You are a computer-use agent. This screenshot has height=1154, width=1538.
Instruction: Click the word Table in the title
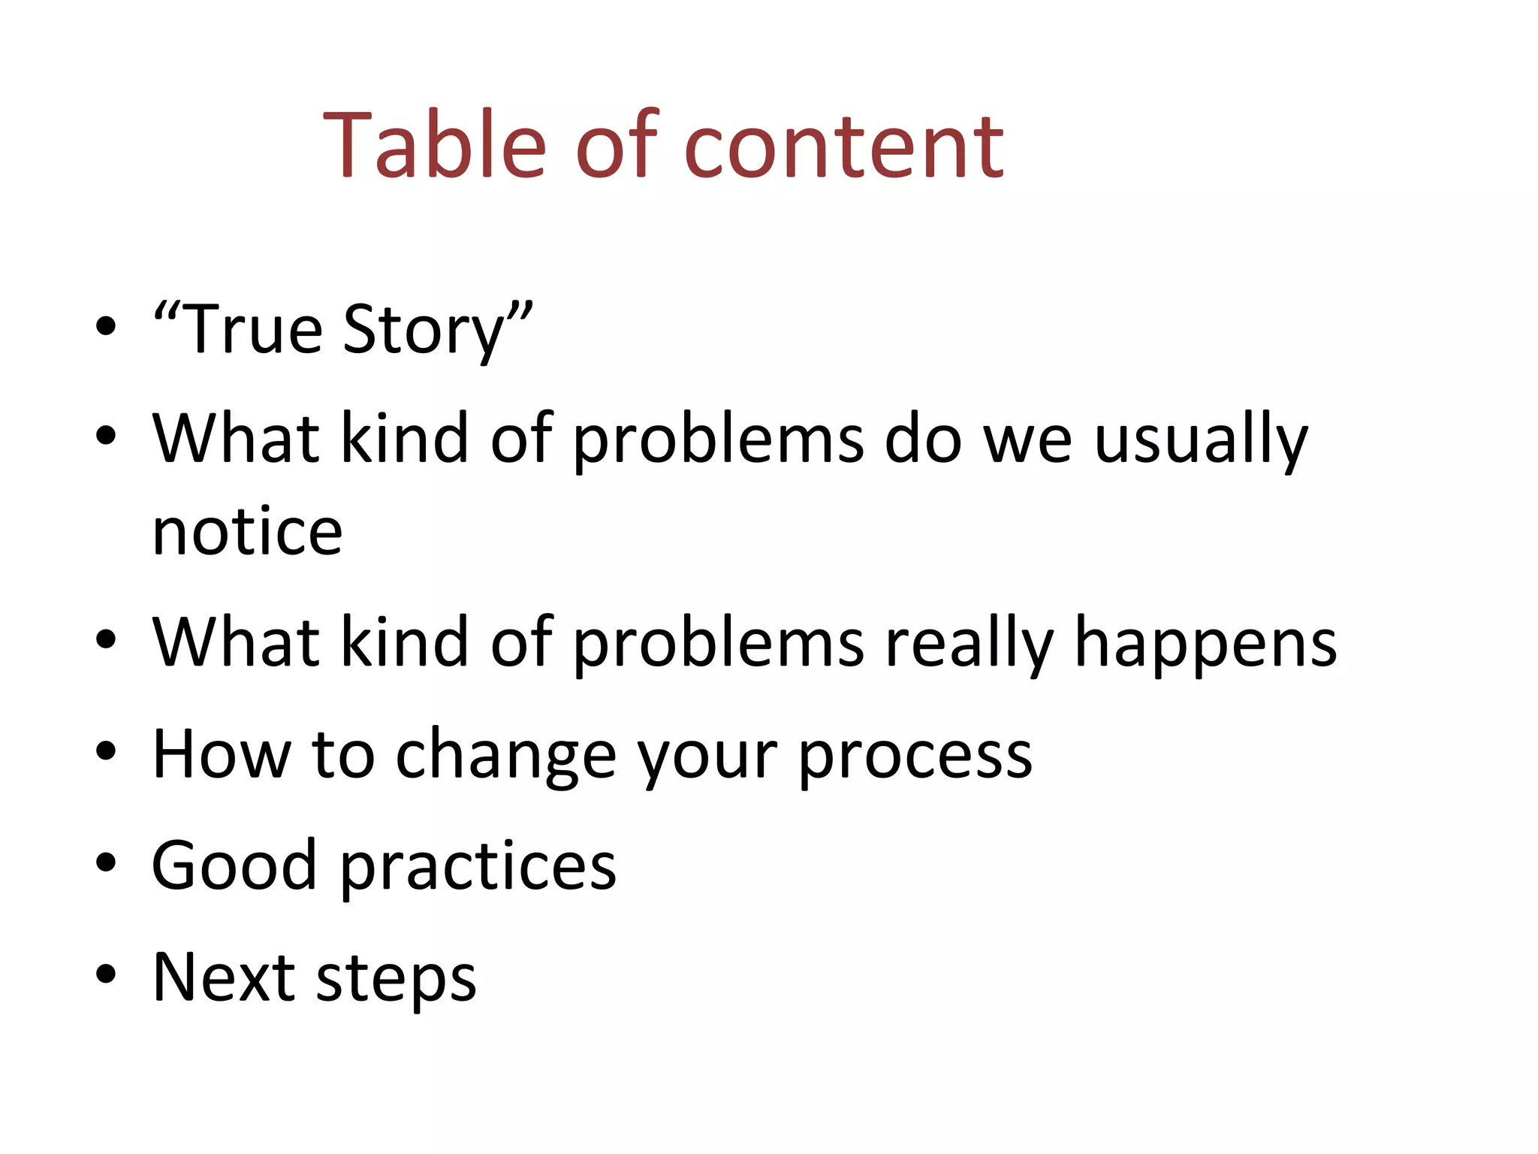[434, 145]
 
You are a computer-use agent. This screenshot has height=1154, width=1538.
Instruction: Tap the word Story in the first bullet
[424, 331]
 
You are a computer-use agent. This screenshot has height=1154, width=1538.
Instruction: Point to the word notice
[247, 532]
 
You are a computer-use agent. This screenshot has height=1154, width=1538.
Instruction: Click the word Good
[234, 865]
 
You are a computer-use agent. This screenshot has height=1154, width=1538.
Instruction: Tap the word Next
[224, 977]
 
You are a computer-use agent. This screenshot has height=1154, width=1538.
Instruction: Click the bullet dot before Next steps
[106, 974]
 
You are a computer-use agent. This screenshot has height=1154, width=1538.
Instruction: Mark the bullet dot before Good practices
[106, 862]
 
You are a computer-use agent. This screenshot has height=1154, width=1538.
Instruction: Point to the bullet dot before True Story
[106, 326]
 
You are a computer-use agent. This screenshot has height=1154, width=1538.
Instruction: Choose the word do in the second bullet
[923, 440]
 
